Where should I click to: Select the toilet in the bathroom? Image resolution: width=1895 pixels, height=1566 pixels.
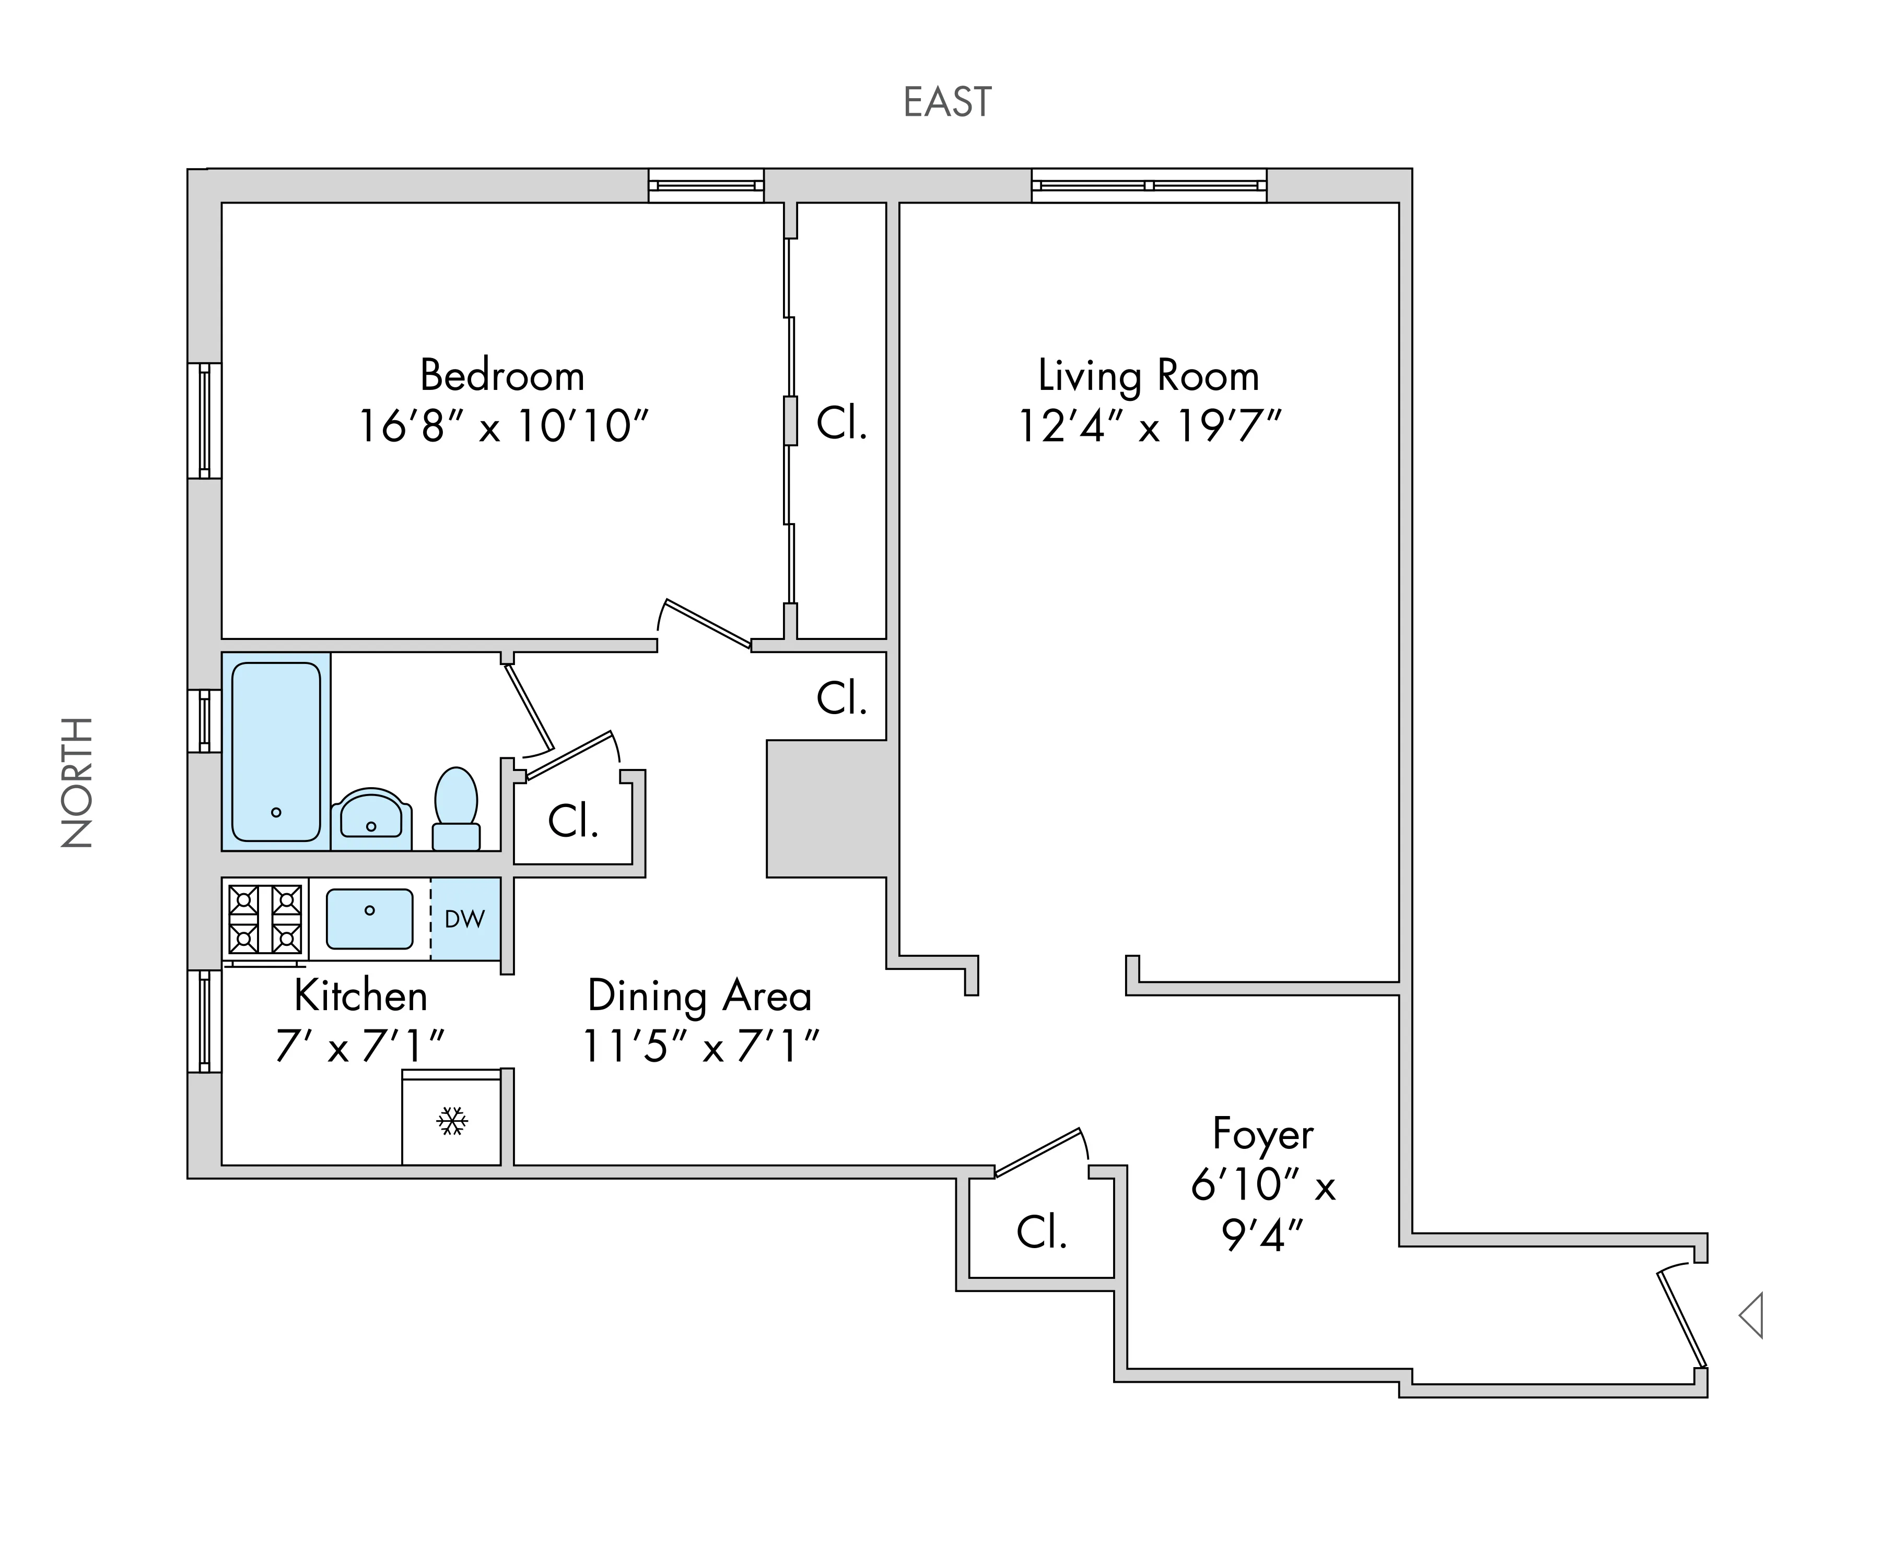[455, 808]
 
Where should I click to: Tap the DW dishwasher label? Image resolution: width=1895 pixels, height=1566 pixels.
[465, 919]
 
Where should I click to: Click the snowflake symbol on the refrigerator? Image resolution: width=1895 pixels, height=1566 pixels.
[451, 1121]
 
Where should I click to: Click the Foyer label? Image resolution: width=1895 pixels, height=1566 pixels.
[1262, 1134]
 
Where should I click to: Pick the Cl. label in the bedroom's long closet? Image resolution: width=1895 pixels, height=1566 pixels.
[841, 422]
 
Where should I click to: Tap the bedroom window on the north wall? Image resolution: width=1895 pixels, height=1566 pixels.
[205, 420]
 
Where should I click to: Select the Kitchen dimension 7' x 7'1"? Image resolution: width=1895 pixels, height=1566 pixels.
[360, 1047]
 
